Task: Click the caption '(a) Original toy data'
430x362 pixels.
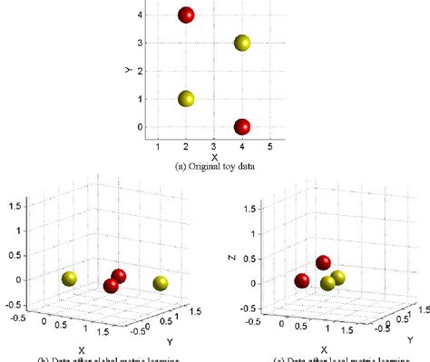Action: [x=213, y=166]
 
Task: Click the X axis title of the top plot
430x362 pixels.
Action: [x=213, y=156]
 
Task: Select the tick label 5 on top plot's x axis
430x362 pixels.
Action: [x=269, y=146]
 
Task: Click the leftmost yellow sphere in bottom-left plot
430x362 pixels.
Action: [x=69, y=279]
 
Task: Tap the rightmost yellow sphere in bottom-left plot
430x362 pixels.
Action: [x=161, y=284]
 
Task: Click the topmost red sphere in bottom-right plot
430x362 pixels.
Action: [x=324, y=263]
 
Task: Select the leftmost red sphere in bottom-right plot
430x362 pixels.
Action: [x=301, y=280]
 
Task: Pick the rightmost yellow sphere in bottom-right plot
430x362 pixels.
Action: [x=338, y=278]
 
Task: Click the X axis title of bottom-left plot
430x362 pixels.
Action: [x=82, y=348]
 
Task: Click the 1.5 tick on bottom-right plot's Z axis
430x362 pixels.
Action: [x=238, y=209]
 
